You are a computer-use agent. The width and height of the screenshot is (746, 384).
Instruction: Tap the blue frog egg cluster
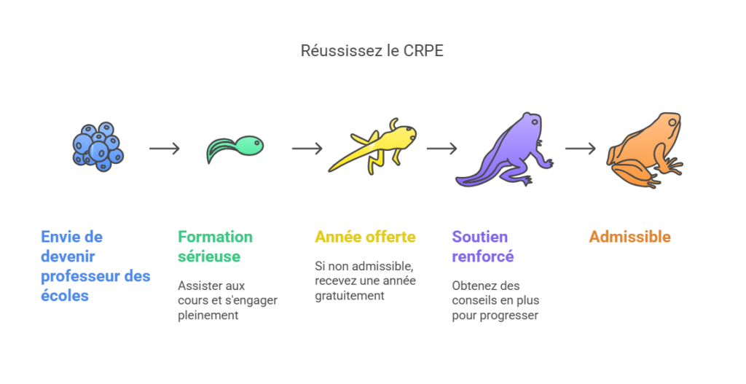point(98,144)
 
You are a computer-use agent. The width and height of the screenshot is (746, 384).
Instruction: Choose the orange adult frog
point(644,149)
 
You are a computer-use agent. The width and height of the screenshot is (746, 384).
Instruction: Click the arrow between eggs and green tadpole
point(164,149)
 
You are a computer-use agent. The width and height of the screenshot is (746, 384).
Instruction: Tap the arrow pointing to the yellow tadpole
point(307,149)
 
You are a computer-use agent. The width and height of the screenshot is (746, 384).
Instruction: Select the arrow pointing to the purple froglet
point(441,149)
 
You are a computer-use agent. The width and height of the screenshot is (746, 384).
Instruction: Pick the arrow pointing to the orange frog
point(580,149)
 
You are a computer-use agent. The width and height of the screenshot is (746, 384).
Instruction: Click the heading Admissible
point(629,237)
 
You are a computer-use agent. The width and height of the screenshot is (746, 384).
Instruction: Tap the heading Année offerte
point(365,237)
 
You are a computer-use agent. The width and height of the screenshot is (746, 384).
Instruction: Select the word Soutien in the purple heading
point(479,237)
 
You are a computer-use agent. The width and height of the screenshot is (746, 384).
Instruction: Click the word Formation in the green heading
point(215,237)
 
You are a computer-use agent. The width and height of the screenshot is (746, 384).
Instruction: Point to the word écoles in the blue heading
point(65,296)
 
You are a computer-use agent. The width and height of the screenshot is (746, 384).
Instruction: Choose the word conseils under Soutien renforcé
point(474,300)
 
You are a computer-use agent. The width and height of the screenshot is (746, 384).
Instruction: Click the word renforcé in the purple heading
point(483,256)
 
